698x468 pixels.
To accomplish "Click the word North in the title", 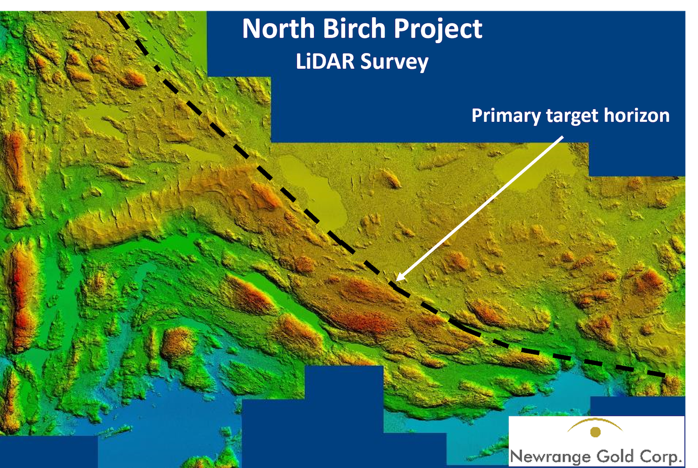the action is [x=279, y=28].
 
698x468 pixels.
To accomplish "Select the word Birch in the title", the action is [x=354, y=28].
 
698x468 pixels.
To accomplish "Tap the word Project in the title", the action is [x=438, y=30].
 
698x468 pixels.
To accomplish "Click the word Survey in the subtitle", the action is [x=395, y=62].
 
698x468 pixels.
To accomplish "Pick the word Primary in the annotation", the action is [x=506, y=116].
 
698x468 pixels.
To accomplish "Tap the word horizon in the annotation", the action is [x=637, y=115].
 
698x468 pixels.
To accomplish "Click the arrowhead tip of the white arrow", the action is [x=396, y=281].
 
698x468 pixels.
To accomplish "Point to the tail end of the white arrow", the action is [x=563, y=136].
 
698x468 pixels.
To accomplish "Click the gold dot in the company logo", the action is [x=596, y=432].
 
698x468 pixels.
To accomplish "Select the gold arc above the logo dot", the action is [x=595, y=421].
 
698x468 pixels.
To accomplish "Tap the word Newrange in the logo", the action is [x=551, y=456].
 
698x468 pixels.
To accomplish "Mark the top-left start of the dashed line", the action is [x=117, y=13].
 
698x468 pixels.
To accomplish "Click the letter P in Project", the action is [x=402, y=29].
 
